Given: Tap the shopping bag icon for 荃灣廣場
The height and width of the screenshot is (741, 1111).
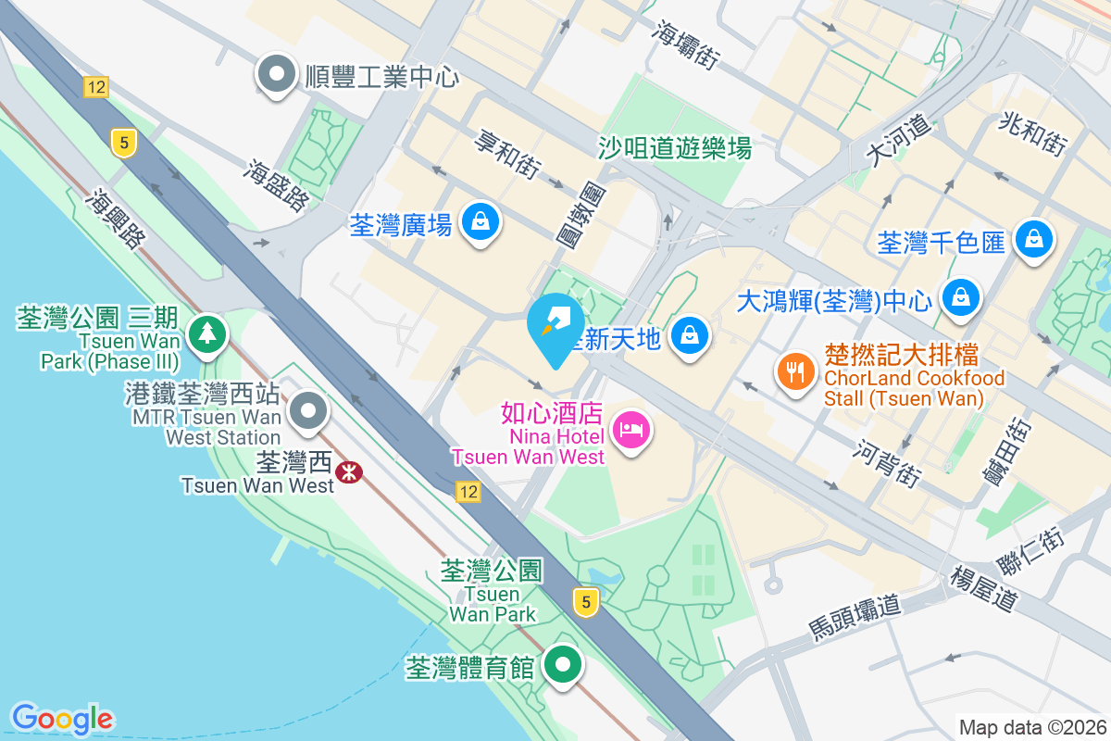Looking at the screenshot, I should [481, 223].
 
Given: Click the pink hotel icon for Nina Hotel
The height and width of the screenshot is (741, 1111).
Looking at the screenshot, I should [631, 431].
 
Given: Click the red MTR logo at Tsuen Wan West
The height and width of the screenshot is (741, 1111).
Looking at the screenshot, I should [349, 472].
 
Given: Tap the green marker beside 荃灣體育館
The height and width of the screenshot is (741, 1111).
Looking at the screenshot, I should [561, 664].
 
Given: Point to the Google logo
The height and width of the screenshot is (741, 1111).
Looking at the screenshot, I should [62, 719].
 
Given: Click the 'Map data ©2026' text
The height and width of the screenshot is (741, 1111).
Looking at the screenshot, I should [1031, 727].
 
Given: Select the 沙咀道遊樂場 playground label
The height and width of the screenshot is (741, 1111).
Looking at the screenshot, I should [675, 147].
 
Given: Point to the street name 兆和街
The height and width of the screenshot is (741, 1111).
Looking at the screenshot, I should [1032, 132].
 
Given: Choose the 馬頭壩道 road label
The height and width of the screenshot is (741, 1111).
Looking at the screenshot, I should [854, 619].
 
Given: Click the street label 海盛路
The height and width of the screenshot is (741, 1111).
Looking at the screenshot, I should [275, 183].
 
